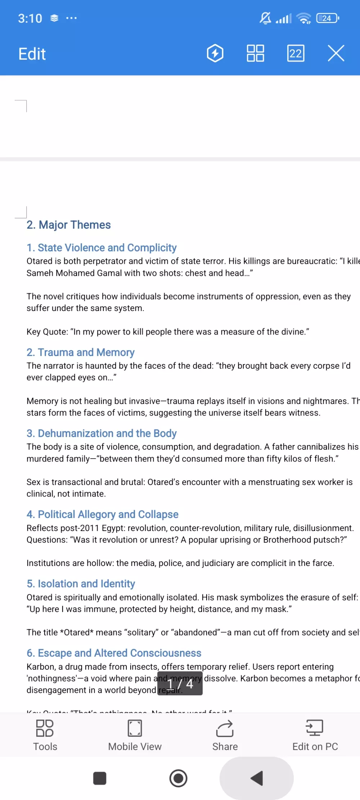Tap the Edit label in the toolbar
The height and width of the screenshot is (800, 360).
coord(32,54)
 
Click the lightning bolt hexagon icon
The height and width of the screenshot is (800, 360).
coord(215,54)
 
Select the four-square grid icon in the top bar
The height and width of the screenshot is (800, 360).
coord(255,54)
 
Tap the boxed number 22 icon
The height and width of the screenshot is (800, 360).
coord(296,54)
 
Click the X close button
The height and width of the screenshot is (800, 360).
coord(336,54)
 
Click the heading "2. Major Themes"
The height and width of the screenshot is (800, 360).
coord(69,225)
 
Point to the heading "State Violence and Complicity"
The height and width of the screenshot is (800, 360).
coord(102,248)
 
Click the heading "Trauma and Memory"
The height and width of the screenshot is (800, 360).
coord(81,352)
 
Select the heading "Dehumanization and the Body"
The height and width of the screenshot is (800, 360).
coord(102,433)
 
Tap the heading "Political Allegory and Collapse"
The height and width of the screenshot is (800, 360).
coord(103,514)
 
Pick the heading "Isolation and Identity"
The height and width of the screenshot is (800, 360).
coord(81,584)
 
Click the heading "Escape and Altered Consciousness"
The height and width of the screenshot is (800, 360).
coord(114,653)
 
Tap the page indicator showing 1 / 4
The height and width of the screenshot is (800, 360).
coord(180,683)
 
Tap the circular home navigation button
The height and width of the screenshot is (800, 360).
coord(179,778)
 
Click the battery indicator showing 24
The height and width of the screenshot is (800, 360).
coord(327,18)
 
